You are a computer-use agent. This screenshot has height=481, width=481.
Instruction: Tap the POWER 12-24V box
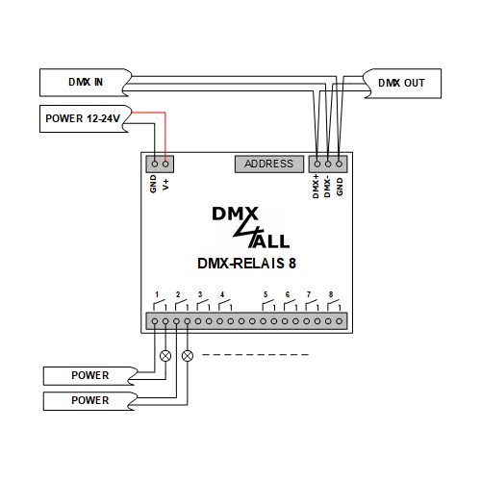point(84,120)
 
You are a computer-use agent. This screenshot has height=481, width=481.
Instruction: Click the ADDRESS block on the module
point(268,164)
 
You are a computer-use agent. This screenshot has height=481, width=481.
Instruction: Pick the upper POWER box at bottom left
point(89,375)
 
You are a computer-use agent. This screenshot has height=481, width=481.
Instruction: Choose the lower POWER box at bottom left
point(89,400)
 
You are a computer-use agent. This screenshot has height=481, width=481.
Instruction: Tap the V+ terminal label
point(165,183)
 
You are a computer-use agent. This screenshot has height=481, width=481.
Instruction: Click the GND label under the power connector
point(154,183)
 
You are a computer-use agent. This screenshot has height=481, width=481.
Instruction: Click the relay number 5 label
point(265,293)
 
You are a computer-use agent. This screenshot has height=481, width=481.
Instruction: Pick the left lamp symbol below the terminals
point(165,355)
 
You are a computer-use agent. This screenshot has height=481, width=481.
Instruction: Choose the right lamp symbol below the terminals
point(187,355)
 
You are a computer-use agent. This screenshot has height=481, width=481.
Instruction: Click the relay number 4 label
point(221,293)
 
